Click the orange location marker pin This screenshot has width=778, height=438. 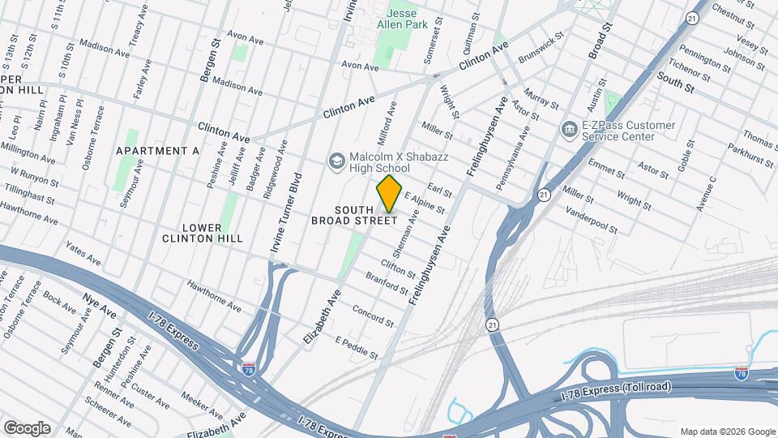pyautogui.click(x=389, y=194)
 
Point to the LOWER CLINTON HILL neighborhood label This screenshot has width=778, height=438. pyautogui.click(x=202, y=233)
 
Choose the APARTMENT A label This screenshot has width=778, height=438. pyautogui.click(x=157, y=151)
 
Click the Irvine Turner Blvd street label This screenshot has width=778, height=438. pyautogui.click(x=285, y=219)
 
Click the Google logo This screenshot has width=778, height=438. pyautogui.click(x=27, y=428)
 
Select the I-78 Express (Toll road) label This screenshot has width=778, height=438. pyautogui.click(x=617, y=388)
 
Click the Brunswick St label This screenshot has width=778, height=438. pyautogui.click(x=541, y=48)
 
